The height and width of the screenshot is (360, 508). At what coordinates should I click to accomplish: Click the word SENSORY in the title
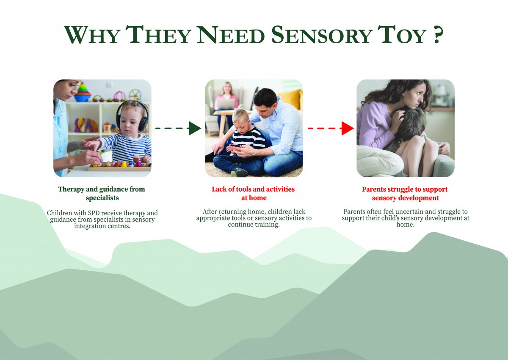(322, 35)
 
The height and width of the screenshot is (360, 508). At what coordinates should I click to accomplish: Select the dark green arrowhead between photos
(195, 129)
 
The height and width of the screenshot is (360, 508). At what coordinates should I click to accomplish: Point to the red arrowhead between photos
(348, 129)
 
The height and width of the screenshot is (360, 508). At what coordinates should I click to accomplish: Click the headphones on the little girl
(132, 115)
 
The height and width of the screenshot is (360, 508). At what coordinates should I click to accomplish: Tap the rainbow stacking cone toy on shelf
(82, 92)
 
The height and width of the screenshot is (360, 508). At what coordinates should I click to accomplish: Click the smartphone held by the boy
(235, 146)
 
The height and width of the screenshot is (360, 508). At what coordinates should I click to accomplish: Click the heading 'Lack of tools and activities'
(253, 189)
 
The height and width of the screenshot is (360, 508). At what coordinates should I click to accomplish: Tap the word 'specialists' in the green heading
(102, 198)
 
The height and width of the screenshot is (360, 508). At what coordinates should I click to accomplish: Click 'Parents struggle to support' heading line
(405, 189)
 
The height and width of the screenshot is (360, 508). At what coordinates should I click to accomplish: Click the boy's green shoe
(239, 173)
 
